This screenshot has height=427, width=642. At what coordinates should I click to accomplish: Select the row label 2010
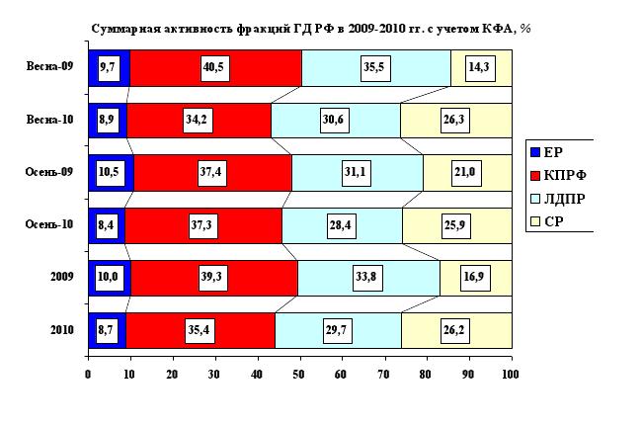pos(61,328)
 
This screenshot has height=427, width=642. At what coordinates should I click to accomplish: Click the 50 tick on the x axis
pos(299,375)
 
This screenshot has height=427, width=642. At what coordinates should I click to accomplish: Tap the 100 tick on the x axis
pos(510,375)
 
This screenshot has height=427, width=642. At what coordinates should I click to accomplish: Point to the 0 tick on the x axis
pos(88,375)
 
